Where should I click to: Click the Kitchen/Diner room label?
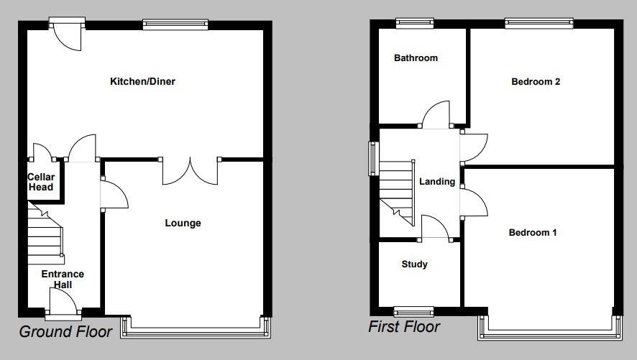[x=142, y=81]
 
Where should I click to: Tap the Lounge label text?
[x=183, y=223]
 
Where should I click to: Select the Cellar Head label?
[x=41, y=183]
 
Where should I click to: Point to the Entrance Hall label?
[x=63, y=280]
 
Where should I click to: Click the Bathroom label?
[x=416, y=58]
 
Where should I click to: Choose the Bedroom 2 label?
[x=536, y=81]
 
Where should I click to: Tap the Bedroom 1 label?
[x=533, y=232]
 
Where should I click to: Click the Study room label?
[x=415, y=264]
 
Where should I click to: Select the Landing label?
[x=437, y=182]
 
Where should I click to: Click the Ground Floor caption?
[x=65, y=331]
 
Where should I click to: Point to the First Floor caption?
[x=404, y=327]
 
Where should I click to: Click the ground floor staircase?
[x=46, y=231]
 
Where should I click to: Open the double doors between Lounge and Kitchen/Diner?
[x=191, y=171]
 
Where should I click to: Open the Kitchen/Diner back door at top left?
[x=66, y=37]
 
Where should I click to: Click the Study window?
[x=414, y=311]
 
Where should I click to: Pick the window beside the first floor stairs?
[x=373, y=158]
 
